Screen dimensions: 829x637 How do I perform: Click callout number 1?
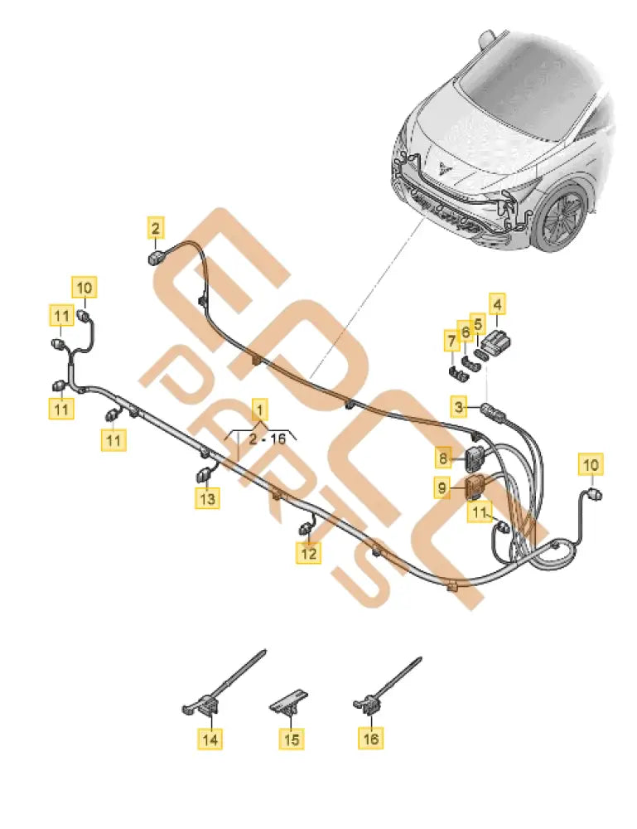click(260, 409)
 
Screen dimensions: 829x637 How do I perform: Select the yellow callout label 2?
click(156, 225)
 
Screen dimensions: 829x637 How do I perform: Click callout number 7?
click(451, 340)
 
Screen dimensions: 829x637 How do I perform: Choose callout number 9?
click(443, 489)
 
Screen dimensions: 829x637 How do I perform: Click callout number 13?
click(207, 498)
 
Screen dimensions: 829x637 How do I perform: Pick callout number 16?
click(372, 736)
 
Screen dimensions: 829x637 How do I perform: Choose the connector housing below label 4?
click(496, 341)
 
